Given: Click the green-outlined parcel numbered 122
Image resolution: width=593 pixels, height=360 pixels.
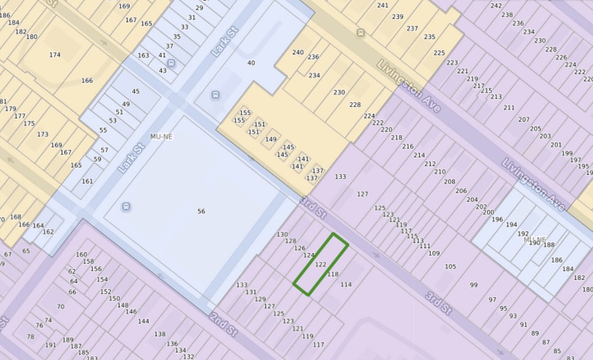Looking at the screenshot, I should [320, 264].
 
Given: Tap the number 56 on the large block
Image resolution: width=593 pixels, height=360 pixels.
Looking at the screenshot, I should [201, 211].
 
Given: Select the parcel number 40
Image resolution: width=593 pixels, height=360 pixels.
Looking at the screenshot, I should [251, 63].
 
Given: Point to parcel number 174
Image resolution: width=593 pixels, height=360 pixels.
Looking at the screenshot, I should [55, 55].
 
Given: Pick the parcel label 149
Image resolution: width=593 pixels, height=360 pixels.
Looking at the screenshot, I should [270, 140].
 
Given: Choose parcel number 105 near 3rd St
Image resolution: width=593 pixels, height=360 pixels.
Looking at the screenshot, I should [450, 266].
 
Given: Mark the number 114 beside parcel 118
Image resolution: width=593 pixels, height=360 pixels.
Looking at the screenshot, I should [346, 285].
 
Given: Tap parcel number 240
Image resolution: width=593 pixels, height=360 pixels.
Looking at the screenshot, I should [298, 53].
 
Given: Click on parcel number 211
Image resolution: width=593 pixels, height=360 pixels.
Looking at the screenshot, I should [509, 108].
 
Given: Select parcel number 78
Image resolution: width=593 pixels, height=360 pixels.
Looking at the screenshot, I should [31, 337].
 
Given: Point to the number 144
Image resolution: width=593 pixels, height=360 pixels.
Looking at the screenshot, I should [143, 321].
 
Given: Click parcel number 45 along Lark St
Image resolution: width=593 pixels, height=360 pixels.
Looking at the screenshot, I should [136, 92].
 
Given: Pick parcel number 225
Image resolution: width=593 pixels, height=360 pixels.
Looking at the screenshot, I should [439, 53].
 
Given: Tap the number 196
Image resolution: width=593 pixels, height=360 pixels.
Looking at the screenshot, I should [497, 219].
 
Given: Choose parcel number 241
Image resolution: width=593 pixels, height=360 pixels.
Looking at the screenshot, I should [383, 6].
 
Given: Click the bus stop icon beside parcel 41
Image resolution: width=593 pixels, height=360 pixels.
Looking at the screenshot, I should [171, 62].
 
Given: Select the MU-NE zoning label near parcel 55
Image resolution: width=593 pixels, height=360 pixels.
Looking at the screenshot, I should [162, 137].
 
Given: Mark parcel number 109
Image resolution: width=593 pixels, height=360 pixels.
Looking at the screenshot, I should [434, 253].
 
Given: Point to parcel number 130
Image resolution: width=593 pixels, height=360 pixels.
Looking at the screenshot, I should [282, 234].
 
